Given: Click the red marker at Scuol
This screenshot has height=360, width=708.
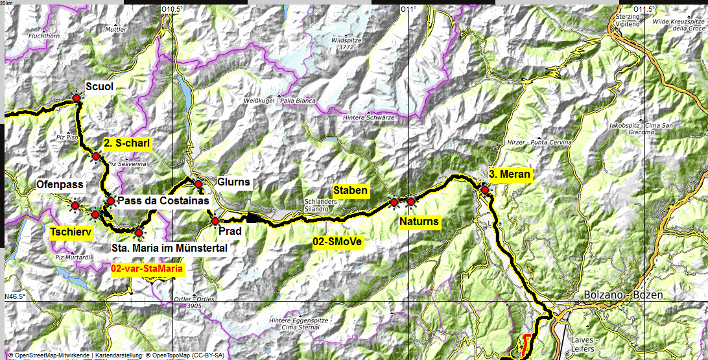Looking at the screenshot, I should pyautogui.click(x=77, y=98).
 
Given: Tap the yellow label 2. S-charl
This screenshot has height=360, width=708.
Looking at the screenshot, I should pyautogui.click(x=127, y=144).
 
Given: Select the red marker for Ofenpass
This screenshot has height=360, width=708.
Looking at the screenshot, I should pyautogui.click(x=75, y=206).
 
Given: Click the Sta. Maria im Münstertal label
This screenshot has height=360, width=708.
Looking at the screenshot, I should pyautogui.click(x=169, y=247).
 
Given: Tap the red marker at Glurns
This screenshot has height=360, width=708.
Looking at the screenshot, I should pyautogui.click(x=199, y=185).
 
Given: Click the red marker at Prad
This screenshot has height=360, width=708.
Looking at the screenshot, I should pyautogui.click(x=215, y=221).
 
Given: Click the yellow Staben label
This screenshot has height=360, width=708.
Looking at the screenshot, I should pyautogui.click(x=351, y=191).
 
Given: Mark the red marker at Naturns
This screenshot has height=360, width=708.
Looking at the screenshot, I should pyautogui.click(x=411, y=202).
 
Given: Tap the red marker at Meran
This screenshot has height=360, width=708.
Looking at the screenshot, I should pyautogui.click(x=485, y=189).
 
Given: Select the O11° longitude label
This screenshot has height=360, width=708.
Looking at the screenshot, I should pyautogui.click(x=408, y=9).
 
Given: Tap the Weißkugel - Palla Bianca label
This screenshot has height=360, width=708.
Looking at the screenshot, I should pyautogui.click(x=280, y=101).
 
